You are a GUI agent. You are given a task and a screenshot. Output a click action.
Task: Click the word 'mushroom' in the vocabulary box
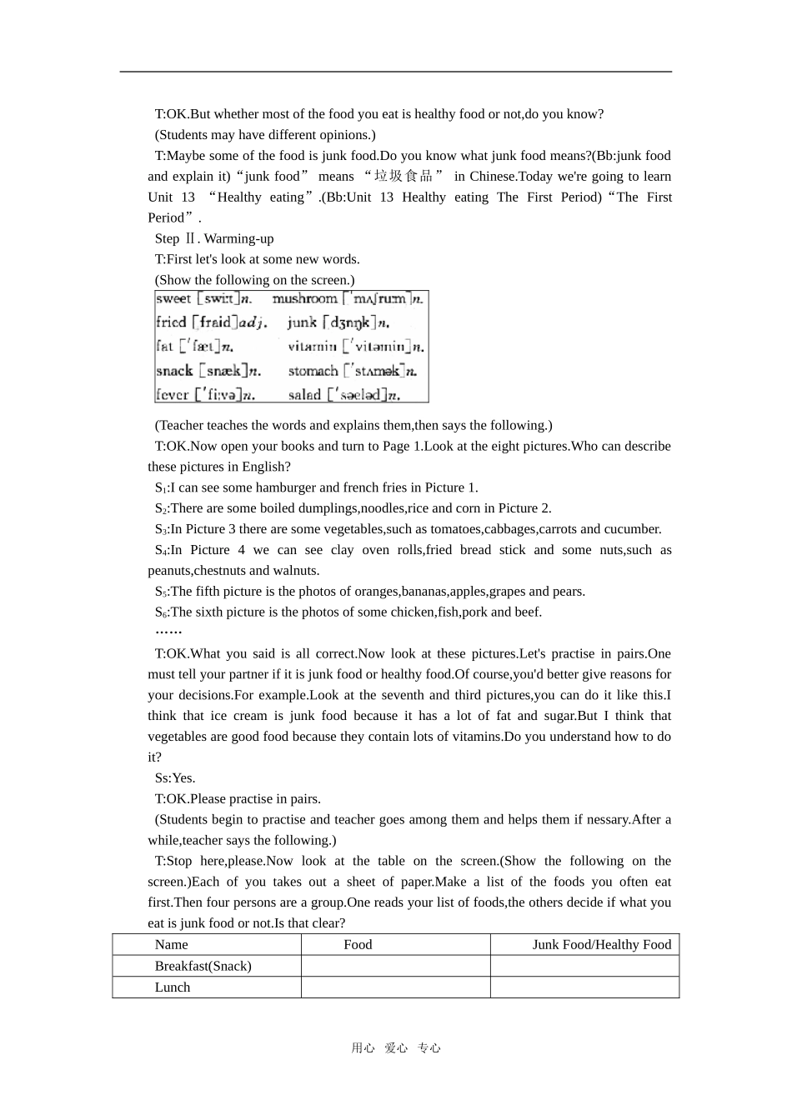click(x=304, y=298)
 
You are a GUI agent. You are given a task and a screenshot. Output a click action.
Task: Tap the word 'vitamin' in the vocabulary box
click(x=313, y=347)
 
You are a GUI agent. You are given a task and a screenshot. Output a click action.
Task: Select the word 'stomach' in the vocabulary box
click(x=313, y=371)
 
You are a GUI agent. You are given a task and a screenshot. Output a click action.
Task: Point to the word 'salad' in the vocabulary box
click(x=304, y=395)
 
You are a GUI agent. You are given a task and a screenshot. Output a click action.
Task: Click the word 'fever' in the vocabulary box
click(x=173, y=395)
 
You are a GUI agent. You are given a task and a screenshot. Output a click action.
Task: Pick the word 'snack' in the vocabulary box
click(x=174, y=371)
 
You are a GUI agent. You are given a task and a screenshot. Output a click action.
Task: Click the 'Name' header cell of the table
click(x=172, y=944)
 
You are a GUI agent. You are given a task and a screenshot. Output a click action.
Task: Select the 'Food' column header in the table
click(x=358, y=944)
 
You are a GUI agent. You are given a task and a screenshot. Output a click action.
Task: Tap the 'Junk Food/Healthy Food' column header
click(x=601, y=944)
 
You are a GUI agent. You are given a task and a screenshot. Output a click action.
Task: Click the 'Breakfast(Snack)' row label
click(x=203, y=966)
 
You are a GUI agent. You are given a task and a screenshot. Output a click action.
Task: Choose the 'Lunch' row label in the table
click(x=173, y=987)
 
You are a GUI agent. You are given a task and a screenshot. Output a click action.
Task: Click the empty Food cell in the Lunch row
click(x=395, y=987)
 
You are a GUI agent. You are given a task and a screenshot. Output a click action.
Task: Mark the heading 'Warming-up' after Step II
click(x=238, y=238)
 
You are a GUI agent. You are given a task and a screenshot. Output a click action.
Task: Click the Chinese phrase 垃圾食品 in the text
click(x=404, y=176)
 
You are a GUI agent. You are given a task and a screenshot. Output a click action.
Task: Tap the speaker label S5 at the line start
click(x=161, y=592)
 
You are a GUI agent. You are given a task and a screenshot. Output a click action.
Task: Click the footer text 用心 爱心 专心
click(x=396, y=1048)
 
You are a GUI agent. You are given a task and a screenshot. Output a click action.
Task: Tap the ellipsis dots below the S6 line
click(x=168, y=632)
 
